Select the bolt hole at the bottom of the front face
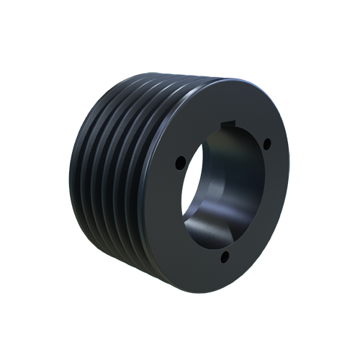225,256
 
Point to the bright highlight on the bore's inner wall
209,216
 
